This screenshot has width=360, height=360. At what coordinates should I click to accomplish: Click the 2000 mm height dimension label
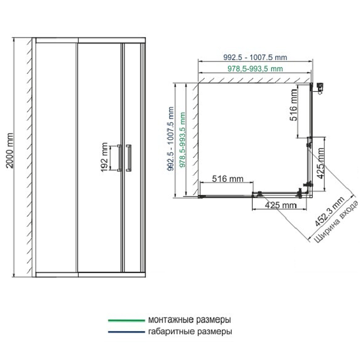coord(10,151)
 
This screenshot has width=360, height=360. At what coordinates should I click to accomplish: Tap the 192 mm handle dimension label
coord(104,157)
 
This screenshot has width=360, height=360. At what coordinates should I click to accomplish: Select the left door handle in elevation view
coord(119,158)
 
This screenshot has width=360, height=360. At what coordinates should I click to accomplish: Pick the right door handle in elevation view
coord(129,158)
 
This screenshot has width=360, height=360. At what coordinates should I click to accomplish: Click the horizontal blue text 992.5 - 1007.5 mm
coord(255,57)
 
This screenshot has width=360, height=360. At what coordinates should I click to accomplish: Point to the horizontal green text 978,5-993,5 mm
coord(255,69)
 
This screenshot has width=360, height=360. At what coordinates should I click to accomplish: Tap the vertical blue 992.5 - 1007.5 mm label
coord(171,139)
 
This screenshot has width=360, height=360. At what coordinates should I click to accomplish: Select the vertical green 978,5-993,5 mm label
coord(182,140)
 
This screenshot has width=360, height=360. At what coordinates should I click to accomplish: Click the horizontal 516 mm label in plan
coord(228,179)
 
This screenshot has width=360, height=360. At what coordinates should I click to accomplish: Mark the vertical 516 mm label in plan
coord(293,105)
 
